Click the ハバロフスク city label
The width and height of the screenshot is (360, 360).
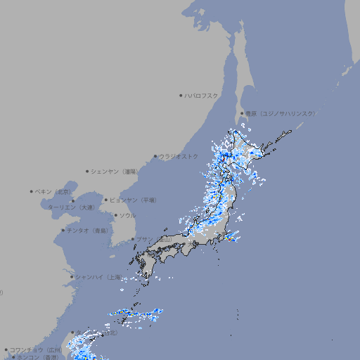(201, 95)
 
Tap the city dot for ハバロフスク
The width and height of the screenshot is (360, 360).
(181, 95)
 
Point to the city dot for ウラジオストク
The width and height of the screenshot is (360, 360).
(155, 157)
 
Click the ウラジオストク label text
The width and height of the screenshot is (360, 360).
(179, 156)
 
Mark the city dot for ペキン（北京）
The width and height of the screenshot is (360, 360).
(32, 191)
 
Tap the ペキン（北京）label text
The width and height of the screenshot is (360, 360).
(53, 191)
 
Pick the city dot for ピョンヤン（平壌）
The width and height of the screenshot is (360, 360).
(107, 200)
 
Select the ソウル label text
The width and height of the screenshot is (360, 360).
(127, 215)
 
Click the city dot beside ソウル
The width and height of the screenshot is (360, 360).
(116, 215)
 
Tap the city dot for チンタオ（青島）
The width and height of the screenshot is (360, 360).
(63, 230)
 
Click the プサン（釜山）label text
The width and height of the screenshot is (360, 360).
(154, 239)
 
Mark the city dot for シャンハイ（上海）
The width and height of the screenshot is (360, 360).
(72, 277)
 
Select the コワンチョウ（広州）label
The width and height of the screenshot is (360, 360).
(35, 349)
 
